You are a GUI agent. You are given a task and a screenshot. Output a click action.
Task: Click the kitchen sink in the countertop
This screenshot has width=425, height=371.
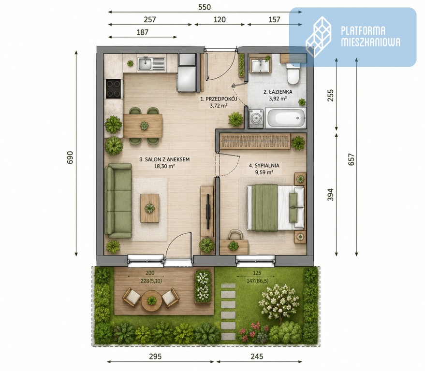point(151,64)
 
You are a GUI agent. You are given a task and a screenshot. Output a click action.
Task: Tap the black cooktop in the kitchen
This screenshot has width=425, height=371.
point(113,89)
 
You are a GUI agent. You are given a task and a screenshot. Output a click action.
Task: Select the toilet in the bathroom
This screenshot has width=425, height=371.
point(293,74)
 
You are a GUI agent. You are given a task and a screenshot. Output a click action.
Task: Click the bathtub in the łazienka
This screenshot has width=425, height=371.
point(286,118)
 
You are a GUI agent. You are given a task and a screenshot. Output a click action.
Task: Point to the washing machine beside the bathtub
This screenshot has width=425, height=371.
point(256,118)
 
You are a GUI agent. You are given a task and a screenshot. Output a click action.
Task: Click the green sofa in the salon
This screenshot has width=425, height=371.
point(118,200)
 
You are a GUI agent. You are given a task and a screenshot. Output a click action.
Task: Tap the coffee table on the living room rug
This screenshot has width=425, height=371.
point(149,208)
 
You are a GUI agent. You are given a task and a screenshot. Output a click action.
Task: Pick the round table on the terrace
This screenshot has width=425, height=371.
point(151,300)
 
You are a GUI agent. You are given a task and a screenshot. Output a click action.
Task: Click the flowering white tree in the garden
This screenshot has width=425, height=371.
point(278,301)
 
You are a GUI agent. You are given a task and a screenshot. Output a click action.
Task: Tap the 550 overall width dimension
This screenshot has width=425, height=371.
point(205,7)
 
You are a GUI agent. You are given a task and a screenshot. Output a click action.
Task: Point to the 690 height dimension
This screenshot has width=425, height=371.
point(70,157)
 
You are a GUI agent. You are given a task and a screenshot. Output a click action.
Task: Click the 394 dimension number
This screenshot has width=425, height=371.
point(330,194)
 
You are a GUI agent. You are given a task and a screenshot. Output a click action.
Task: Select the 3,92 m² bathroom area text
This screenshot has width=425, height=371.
point(278,99)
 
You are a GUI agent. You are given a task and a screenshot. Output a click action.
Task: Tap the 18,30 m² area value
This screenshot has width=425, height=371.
point(164,166)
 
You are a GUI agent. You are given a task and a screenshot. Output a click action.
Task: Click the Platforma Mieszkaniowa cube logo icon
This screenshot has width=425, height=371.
point(319,37)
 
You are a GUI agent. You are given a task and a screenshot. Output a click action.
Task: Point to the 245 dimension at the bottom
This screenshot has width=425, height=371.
point(257,357)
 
